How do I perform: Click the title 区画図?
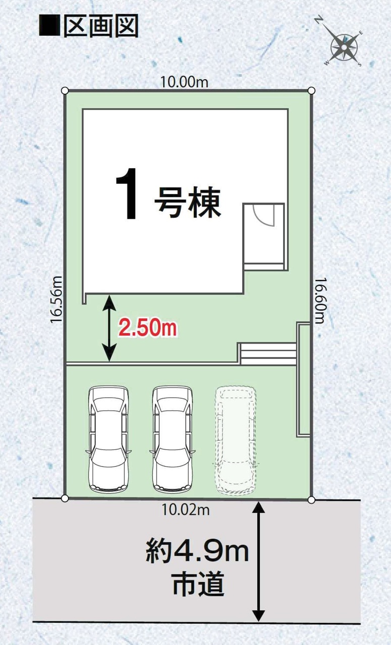tap(100, 27)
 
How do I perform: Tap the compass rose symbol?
tap(344, 46)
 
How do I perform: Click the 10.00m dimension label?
tap(184, 82)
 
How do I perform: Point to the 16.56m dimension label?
tap(56, 300)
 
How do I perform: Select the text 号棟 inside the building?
tap(188, 202)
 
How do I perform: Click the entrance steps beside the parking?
tap(267, 354)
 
